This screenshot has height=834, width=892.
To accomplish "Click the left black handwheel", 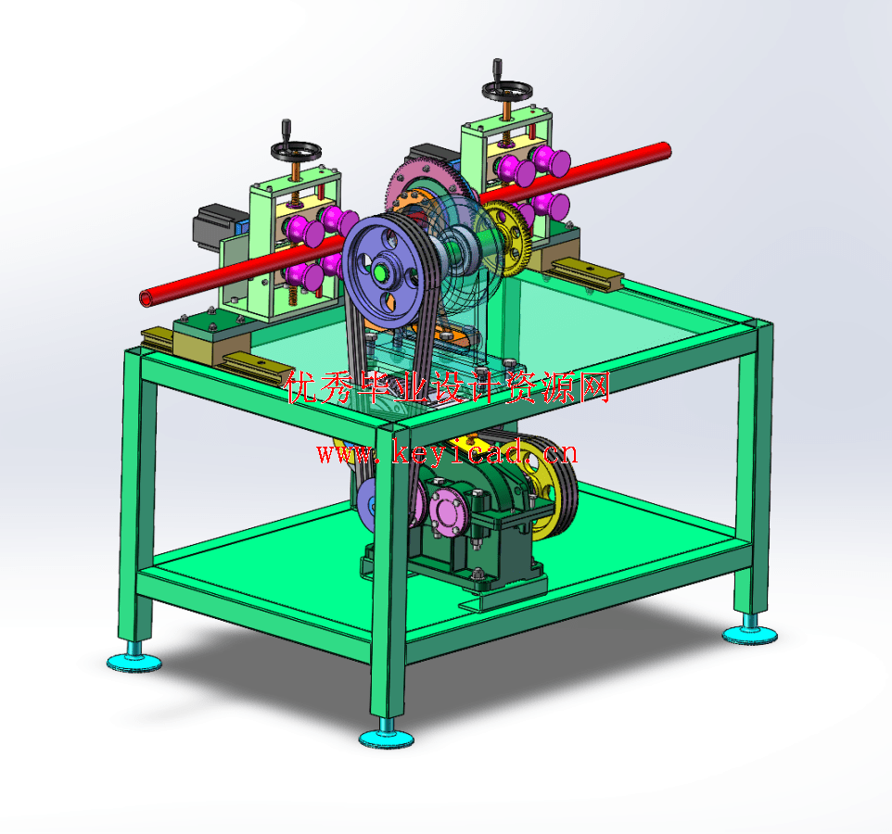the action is point(296,151).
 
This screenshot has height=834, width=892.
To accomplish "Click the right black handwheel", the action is point(507,90).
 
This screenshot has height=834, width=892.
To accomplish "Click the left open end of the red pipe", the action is point(147,297).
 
